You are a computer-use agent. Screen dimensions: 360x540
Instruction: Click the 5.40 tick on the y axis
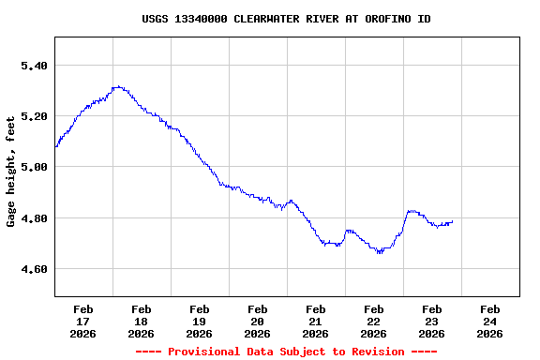(x=34, y=66)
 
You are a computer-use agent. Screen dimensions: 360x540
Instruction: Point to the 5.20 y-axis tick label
(x=34, y=116)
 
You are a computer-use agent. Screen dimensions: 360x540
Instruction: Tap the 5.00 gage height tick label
(x=34, y=167)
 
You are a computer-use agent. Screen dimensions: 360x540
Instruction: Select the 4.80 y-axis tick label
(x=34, y=218)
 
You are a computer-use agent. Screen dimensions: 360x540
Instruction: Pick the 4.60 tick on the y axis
(x=34, y=269)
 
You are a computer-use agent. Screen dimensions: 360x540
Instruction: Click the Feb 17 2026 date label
(x=83, y=321)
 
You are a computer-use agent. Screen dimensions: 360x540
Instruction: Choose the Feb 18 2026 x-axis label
(x=142, y=321)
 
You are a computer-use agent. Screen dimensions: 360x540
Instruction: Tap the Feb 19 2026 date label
(x=200, y=321)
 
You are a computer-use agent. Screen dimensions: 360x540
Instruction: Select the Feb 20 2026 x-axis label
(x=258, y=321)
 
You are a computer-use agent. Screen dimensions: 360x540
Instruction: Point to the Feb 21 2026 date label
(x=316, y=321)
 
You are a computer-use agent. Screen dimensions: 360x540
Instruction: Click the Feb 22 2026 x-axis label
(x=374, y=321)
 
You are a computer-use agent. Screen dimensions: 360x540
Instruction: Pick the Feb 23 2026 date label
(x=432, y=321)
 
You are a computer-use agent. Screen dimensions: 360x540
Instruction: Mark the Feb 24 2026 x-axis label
(x=490, y=321)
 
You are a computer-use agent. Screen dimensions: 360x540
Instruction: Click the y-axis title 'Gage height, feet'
(x=11, y=171)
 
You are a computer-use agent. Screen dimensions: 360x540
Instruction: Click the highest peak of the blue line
(x=116, y=87)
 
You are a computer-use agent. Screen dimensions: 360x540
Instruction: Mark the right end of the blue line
(x=453, y=222)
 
